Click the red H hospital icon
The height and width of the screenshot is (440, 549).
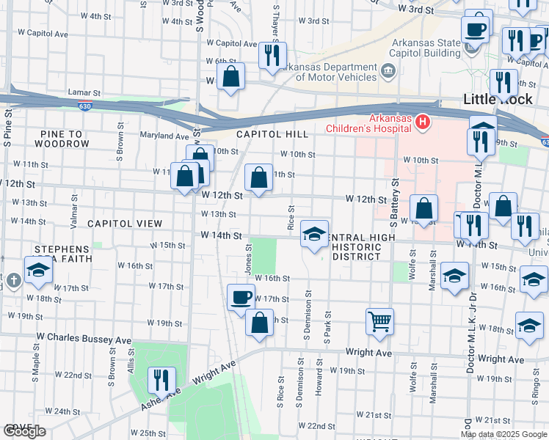coord(421,122)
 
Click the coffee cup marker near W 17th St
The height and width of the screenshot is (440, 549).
coord(241,297)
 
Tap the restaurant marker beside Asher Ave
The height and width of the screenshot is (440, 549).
coord(161,380)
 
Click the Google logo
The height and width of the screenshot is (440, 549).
coord(24,431)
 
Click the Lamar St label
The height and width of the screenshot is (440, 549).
coord(83,94)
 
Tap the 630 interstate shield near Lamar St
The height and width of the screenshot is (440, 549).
coord(85,107)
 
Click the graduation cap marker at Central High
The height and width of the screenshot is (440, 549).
coord(314,235)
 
